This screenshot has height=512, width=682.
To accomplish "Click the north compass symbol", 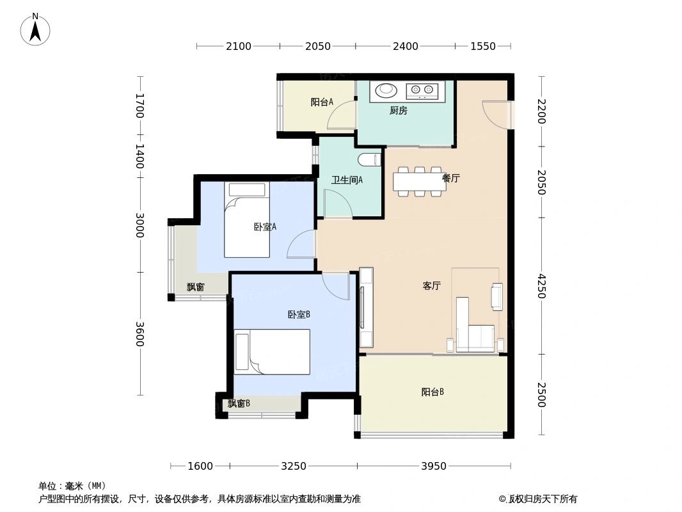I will pyautogui.click(x=35, y=29).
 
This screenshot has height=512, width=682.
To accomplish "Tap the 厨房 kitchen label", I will pyautogui.click(x=398, y=111).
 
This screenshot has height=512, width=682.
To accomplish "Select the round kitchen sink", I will pyautogui.click(x=386, y=92).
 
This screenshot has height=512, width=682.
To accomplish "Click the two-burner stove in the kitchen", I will pyautogui.click(x=422, y=92).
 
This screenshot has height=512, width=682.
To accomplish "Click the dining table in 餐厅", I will pyautogui.click(x=419, y=181).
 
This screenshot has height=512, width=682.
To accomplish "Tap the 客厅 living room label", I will pyautogui.click(x=431, y=286).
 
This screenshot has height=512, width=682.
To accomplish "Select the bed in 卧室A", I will pyautogui.click(x=246, y=221).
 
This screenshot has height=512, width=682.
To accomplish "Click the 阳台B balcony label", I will pyautogui.click(x=432, y=392).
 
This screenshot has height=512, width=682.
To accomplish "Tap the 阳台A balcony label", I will pyautogui.click(x=322, y=102).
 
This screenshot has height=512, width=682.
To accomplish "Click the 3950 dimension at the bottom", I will pyautogui.click(x=433, y=466).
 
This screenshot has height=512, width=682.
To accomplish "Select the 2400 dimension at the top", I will pyautogui.click(x=405, y=46).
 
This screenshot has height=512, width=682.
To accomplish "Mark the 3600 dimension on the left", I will pyautogui.click(x=139, y=334).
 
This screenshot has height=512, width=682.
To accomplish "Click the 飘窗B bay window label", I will pyautogui.click(x=239, y=403).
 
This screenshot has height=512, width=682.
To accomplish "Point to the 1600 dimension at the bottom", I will pyautogui.click(x=200, y=466).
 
